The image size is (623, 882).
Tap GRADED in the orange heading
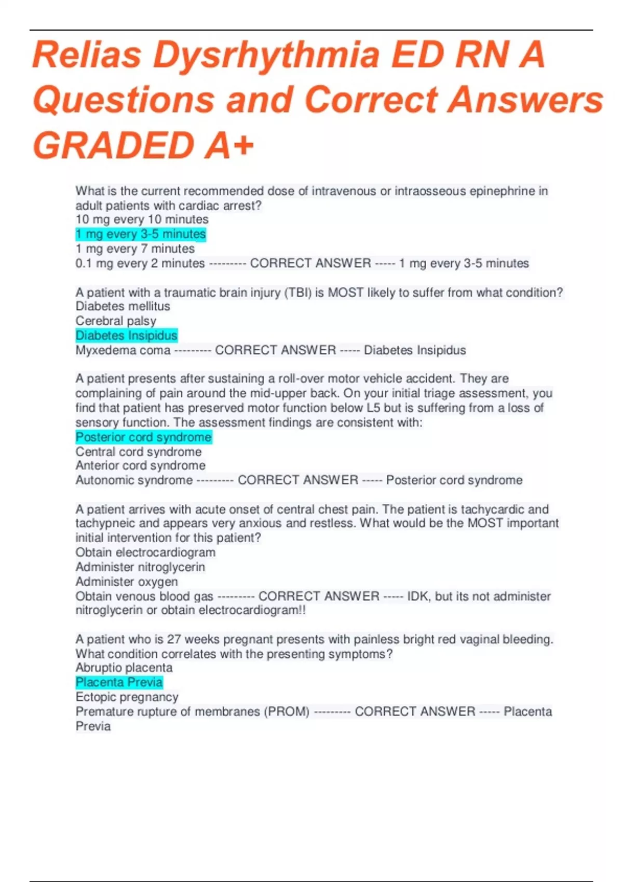[x=114, y=145]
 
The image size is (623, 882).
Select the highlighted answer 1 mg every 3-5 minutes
[x=141, y=234]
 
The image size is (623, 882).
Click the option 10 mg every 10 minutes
[x=142, y=219]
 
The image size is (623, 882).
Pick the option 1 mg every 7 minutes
[x=135, y=249]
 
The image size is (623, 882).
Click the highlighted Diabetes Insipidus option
[x=127, y=336]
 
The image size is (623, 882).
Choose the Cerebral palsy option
[x=116, y=321]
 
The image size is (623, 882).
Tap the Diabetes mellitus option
[x=123, y=306]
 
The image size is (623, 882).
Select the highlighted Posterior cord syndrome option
[x=143, y=437]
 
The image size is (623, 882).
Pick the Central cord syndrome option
[x=138, y=452]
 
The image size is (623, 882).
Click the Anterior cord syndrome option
[x=140, y=466]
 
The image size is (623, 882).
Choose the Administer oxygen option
[x=127, y=582]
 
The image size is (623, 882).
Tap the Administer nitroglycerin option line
[x=140, y=567]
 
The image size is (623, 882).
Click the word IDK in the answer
[x=418, y=596]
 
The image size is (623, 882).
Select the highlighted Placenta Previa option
[x=119, y=682]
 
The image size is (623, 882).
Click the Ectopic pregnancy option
[x=127, y=697]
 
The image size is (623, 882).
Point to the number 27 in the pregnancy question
[x=174, y=639]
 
